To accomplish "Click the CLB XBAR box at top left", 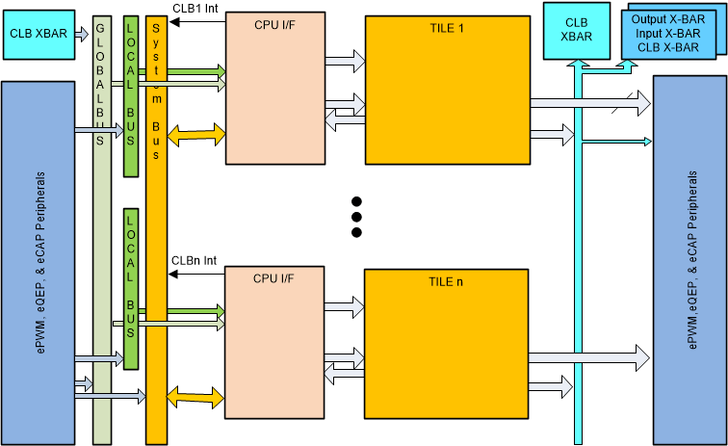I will (39, 33).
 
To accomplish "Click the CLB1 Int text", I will (195, 8).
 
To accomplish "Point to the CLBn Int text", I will (195, 261).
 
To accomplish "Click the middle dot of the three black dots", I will (356, 217).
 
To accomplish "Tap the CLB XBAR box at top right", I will (576, 29).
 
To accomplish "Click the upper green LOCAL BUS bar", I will (131, 96).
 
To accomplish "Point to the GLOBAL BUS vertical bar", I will (102, 231).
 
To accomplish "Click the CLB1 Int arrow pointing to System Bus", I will (196, 19).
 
